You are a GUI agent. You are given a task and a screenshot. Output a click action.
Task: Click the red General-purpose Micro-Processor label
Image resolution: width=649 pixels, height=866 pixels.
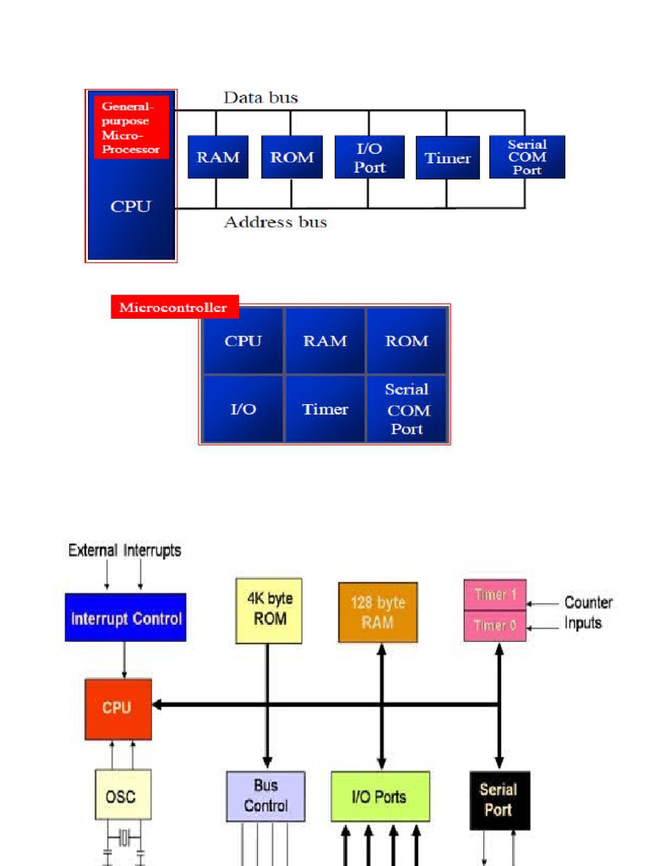[x=131, y=128]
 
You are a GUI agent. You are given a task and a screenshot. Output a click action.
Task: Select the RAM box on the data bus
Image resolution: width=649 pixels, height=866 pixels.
[x=218, y=157]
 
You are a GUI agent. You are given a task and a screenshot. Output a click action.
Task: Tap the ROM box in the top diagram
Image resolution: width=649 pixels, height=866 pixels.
[x=292, y=157]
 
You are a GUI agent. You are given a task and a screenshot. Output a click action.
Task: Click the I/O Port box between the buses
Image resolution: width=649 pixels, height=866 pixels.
[x=369, y=157]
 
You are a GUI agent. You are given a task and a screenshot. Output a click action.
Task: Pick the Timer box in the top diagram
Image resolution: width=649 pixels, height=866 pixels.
[x=447, y=158]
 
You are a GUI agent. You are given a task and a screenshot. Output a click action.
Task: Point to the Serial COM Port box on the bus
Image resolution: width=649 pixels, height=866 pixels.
[x=526, y=157]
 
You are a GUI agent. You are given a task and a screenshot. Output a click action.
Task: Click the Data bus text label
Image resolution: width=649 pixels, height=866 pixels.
[x=260, y=98]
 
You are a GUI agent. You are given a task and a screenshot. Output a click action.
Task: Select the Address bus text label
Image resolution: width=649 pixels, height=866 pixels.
[x=275, y=222]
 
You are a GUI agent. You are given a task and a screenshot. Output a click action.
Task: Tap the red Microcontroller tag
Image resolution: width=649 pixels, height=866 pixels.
[x=173, y=307]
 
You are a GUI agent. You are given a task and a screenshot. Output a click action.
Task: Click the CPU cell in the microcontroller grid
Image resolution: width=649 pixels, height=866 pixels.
[x=243, y=342]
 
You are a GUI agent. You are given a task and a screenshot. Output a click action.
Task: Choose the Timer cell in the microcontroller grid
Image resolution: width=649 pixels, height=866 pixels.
[x=325, y=409]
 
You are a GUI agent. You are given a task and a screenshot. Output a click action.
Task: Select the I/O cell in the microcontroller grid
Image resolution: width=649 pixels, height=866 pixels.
[x=243, y=409]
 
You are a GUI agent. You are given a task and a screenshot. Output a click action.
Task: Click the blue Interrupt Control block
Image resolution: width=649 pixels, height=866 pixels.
[x=126, y=618]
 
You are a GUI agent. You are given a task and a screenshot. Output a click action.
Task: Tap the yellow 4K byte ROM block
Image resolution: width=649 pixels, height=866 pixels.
[x=268, y=611]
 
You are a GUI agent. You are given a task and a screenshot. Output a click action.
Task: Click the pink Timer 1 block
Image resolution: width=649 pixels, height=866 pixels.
[x=494, y=595]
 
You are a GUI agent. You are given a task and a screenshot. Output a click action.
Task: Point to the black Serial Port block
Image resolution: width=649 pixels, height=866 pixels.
[x=499, y=800]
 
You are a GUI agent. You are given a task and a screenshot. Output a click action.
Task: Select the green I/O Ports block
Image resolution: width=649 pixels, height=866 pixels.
[x=379, y=797]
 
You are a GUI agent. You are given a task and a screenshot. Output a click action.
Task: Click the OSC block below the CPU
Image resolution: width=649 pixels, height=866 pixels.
[x=123, y=796]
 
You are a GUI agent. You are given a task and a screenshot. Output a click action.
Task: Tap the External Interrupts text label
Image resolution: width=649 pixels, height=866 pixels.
[x=125, y=551]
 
